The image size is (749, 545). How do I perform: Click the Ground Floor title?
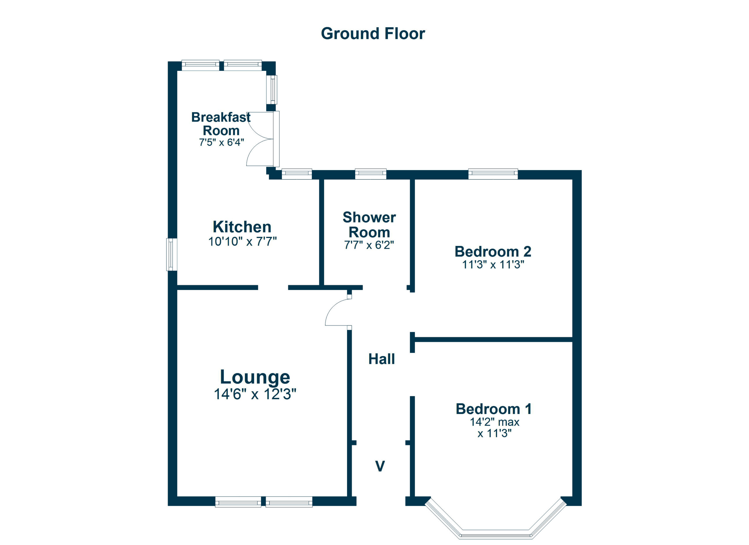373,34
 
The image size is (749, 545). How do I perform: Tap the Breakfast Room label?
221,124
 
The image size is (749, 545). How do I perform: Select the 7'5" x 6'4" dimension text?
221,142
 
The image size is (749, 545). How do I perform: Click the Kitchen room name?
242,227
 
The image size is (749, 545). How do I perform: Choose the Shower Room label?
369,224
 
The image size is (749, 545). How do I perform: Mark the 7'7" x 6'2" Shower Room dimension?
369,245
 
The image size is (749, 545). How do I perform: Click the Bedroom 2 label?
493,251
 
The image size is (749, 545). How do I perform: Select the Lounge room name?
255,377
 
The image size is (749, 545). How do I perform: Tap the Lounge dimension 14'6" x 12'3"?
255,394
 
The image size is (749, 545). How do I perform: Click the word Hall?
382,359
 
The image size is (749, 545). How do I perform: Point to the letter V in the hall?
380,466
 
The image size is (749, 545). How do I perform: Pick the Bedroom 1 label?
493,409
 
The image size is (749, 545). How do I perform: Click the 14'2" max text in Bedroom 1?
494,422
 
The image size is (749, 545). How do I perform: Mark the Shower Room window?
370,174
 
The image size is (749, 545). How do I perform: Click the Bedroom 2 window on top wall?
493,174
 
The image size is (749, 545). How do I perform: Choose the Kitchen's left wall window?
172,254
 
